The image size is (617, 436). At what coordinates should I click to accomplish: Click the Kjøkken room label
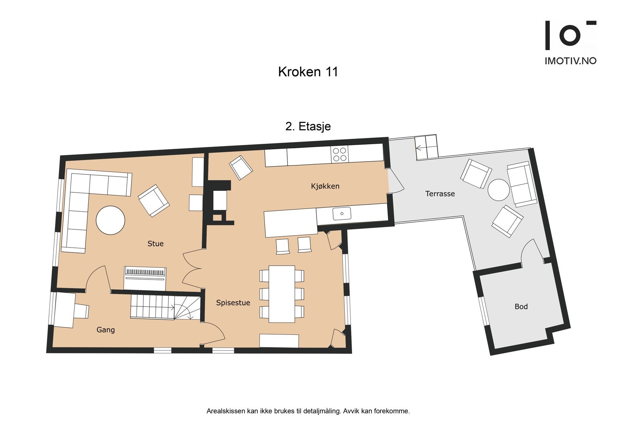pyautogui.click(x=325, y=186)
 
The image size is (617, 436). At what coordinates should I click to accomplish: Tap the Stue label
pyautogui.click(x=155, y=244)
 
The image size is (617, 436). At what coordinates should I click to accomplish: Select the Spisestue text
pyautogui.click(x=233, y=303)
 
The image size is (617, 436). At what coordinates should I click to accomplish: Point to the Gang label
pyautogui.click(x=105, y=330)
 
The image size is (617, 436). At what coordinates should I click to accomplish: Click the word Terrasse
pyautogui.click(x=440, y=194)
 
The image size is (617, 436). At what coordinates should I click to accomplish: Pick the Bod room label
pyautogui.click(x=521, y=307)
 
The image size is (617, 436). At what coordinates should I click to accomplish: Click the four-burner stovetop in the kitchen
pyautogui.click(x=339, y=154)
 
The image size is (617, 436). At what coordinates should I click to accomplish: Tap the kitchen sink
pyautogui.click(x=342, y=214)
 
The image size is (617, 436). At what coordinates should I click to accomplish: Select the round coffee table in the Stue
pyautogui.click(x=110, y=220)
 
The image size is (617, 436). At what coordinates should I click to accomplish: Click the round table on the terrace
pyautogui.click(x=499, y=190)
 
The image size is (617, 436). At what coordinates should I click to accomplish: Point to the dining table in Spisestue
pyautogui.click(x=282, y=294)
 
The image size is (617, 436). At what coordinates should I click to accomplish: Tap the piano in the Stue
pyautogui.click(x=145, y=278)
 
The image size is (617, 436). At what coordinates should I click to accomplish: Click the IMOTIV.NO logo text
pyautogui.click(x=570, y=61)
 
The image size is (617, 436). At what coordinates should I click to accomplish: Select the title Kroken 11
pyautogui.click(x=308, y=72)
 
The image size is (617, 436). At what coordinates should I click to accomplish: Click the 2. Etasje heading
pyautogui.click(x=308, y=126)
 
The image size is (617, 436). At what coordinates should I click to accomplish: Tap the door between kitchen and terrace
pyautogui.click(x=395, y=181)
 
